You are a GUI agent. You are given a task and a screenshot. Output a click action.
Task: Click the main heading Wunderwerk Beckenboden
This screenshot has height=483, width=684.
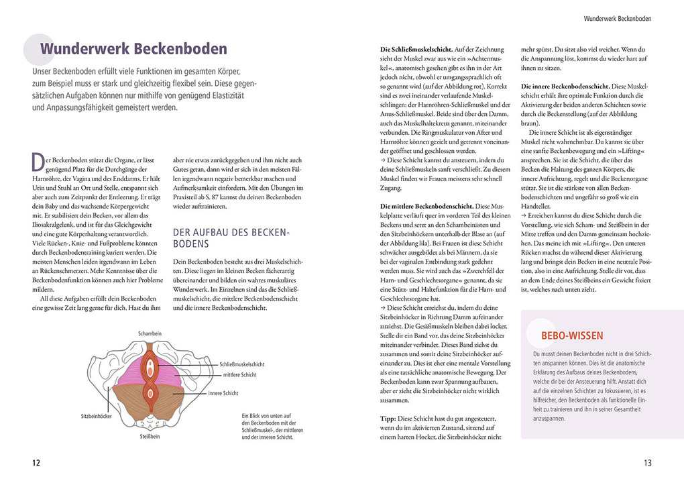[x=133, y=49]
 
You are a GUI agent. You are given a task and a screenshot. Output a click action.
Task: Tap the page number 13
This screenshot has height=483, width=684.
[x=647, y=463]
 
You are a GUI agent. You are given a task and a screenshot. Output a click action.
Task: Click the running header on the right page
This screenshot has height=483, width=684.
[x=617, y=19]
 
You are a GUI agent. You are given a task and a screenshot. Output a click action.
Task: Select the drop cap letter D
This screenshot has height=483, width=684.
[x=37, y=162]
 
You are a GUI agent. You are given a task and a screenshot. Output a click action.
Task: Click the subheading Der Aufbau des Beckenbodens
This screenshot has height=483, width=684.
[x=231, y=238]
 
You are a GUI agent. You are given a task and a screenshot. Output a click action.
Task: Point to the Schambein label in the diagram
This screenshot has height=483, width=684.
[x=150, y=333]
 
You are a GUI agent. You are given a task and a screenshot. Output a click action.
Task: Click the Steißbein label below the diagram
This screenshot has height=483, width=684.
[x=149, y=437]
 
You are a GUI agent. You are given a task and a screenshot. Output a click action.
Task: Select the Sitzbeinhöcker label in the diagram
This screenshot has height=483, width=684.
[x=97, y=416]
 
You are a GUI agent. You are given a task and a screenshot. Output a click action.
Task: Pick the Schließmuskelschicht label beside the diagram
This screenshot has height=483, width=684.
[x=241, y=364]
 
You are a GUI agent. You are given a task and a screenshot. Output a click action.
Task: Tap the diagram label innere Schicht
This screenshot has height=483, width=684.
[x=224, y=393]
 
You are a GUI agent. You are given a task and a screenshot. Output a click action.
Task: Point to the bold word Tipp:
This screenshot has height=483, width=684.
[x=388, y=418]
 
